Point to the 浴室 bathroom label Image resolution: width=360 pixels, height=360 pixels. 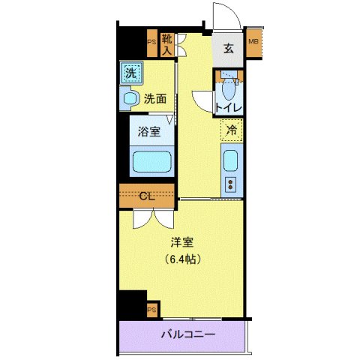click(x=148, y=132)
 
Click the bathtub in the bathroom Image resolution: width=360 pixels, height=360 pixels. click(x=151, y=162)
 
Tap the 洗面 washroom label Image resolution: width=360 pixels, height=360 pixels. click(x=155, y=97)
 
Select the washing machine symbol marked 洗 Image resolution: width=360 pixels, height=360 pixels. click(x=130, y=73)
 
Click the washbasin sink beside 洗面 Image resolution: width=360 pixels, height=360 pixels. click(x=129, y=97)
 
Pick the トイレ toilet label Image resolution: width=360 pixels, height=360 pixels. click(x=228, y=108)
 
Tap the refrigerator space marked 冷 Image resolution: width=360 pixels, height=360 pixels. click(x=232, y=129)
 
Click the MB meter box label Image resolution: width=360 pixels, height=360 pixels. click(x=253, y=41)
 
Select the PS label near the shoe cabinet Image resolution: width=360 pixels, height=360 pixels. click(x=151, y=43)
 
